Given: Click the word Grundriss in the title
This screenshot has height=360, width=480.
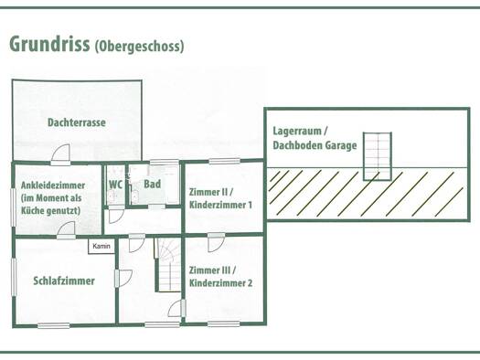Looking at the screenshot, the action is tap(49, 44).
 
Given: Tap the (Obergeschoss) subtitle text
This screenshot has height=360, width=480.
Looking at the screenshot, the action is tap(140, 47).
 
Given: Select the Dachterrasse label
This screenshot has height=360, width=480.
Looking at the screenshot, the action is tap(77, 122).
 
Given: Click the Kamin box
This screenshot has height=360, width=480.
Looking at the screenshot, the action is tap(101, 246).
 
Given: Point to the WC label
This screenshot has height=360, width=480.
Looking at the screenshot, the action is tap(116, 185).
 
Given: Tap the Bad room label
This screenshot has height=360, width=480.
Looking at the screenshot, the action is tap(152, 184).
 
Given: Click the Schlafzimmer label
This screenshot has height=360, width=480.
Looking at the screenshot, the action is tap(64, 281).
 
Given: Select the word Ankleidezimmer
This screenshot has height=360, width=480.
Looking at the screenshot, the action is tap(53, 185).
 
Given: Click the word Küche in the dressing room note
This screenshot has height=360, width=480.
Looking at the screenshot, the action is tap(31, 211).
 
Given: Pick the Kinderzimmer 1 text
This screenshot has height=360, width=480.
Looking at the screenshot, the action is tap(220, 205).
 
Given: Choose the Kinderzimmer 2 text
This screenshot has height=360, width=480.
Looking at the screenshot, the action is tap(220, 283).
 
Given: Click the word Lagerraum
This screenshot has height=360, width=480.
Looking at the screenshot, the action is tap(297, 132).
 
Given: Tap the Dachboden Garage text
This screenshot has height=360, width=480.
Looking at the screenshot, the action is tap(315, 145).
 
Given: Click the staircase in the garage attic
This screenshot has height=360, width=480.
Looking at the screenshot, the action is tap(377, 156).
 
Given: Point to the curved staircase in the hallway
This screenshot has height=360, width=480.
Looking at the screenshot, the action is tap(169, 265).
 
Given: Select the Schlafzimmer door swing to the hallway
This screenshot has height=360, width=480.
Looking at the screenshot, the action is tap(124, 279).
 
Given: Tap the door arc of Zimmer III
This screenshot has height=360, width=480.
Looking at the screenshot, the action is tap(217, 244).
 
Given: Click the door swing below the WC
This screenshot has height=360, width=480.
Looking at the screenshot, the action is tap(117, 216).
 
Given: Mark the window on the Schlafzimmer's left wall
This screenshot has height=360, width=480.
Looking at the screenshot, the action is tap(14, 277).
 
